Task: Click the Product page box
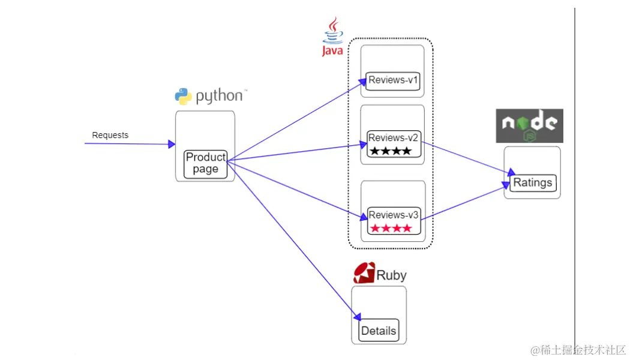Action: [205, 163]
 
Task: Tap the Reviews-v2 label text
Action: [393, 138]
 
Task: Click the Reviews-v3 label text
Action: [393, 215]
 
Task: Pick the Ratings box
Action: [532, 182]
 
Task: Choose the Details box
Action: [379, 331]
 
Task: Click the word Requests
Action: [110, 135]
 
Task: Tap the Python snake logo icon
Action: [183, 96]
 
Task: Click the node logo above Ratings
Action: [529, 125]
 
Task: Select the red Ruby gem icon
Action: [364, 273]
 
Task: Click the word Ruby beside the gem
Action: [391, 275]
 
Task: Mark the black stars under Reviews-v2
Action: [391, 151]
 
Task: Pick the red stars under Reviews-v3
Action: [391, 228]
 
